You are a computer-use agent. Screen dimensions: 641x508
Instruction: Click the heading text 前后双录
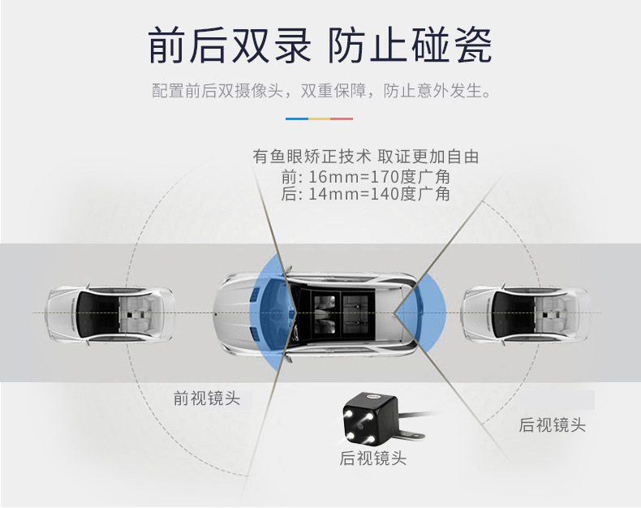coord(230,45)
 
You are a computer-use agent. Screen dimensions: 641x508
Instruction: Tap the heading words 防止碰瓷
coord(410,45)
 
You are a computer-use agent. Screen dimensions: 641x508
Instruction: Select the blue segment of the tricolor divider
coord(297,119)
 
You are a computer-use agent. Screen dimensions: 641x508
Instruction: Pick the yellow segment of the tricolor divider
coord(319,119)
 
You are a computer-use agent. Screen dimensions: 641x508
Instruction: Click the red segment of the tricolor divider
coord(342,119)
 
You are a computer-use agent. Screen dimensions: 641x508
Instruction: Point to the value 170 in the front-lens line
coord(385,177)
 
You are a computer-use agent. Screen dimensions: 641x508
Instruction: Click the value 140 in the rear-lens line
coord(385,194)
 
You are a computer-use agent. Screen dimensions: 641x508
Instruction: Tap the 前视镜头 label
coord(206,398)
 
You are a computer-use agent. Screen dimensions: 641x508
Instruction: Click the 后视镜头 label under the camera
coord(372,458)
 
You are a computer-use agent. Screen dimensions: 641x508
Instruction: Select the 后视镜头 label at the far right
coord(552,424)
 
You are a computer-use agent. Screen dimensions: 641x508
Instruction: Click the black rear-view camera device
coord(370,419)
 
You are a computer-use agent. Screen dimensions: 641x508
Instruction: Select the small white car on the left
coord(110,314)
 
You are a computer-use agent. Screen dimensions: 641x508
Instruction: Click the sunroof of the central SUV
coord(338,314)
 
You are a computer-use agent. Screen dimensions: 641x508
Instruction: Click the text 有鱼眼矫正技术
coord(312,157)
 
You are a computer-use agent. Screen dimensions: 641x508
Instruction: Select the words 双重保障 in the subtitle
coord(333,90)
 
